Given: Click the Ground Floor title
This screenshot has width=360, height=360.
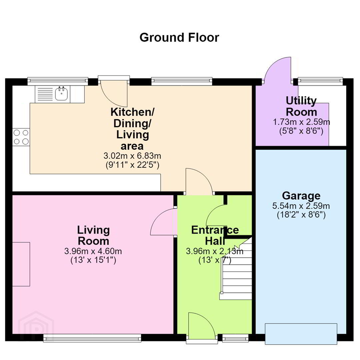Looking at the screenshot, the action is pos(179,38).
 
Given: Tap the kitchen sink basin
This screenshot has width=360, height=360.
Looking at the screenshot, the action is pos(61,94).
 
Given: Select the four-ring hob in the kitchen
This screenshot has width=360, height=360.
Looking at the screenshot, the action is pos(21,137).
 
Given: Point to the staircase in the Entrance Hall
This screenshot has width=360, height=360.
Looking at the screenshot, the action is pos(236,268).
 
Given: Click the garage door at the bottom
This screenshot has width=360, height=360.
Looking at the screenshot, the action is pos(301,334).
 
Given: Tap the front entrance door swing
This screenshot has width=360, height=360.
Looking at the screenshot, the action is pos(202,325).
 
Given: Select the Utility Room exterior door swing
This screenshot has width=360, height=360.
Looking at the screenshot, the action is pos(278,70).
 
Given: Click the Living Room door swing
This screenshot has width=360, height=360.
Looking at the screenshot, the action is pos(163,222).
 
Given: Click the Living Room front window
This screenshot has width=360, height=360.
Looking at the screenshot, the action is pos(92,338).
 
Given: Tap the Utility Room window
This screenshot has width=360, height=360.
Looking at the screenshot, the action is pos(320,80).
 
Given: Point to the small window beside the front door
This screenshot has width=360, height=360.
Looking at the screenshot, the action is pos(236,337).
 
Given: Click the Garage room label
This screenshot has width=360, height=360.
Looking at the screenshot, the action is pos(301,196).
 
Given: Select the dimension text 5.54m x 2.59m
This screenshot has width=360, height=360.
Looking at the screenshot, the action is pos(301,206).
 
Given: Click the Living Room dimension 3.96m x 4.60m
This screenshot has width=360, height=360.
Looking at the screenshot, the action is pos(93,251).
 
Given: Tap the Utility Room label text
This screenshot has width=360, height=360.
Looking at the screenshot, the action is pos(301,107).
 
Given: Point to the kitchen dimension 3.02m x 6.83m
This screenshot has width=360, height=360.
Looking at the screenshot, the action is pos(132,156).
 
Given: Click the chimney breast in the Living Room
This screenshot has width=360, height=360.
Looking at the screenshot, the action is pos(21,264).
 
